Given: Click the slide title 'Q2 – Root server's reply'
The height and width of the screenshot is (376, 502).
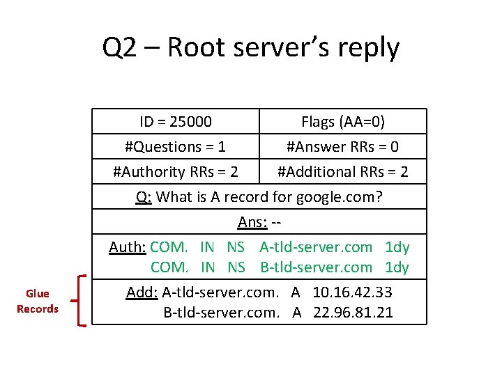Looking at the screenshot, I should tap(251, 48).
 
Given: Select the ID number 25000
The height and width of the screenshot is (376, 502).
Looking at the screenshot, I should tap(190, 122).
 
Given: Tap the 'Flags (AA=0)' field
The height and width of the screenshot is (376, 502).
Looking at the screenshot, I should tap(342, 122).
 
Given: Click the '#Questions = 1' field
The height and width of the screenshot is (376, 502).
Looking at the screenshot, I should tap(175, 147).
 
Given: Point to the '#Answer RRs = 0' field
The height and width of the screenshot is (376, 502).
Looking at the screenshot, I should tap(342, 147).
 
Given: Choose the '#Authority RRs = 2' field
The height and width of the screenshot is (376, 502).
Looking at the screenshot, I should tap(175, 171).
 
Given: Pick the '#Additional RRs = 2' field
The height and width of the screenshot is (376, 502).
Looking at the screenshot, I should tap(342, 171).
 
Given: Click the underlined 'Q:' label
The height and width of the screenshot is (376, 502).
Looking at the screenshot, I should tap(144, 196).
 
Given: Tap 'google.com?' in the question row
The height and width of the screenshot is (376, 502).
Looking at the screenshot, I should tap(339, 196).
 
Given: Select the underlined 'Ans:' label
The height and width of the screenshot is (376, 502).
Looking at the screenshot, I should tap(251, 221).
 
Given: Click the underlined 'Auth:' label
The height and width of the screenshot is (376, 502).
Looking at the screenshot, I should tap(128, 247).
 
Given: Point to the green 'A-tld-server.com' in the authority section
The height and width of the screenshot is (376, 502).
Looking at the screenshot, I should tap(316, 247).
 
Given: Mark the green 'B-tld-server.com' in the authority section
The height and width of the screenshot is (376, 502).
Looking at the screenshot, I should tap(316, 267).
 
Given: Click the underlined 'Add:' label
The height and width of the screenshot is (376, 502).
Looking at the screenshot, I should tap(142, 292).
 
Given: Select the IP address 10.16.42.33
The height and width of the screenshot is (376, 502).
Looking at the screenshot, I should tap(352, 292).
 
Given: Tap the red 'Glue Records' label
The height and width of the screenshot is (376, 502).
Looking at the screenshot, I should tap(38, 301).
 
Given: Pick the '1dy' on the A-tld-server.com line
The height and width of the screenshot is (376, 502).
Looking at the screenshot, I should tap(397, 247).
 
